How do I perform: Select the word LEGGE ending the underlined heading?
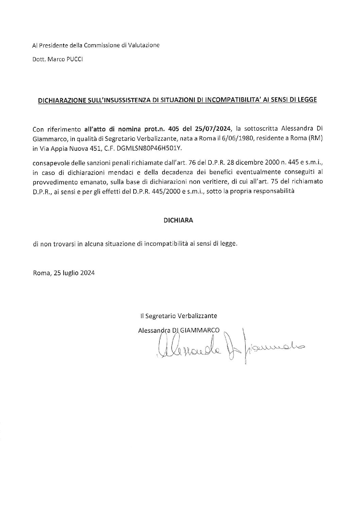pyautogui.click(x=307, y=100)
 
